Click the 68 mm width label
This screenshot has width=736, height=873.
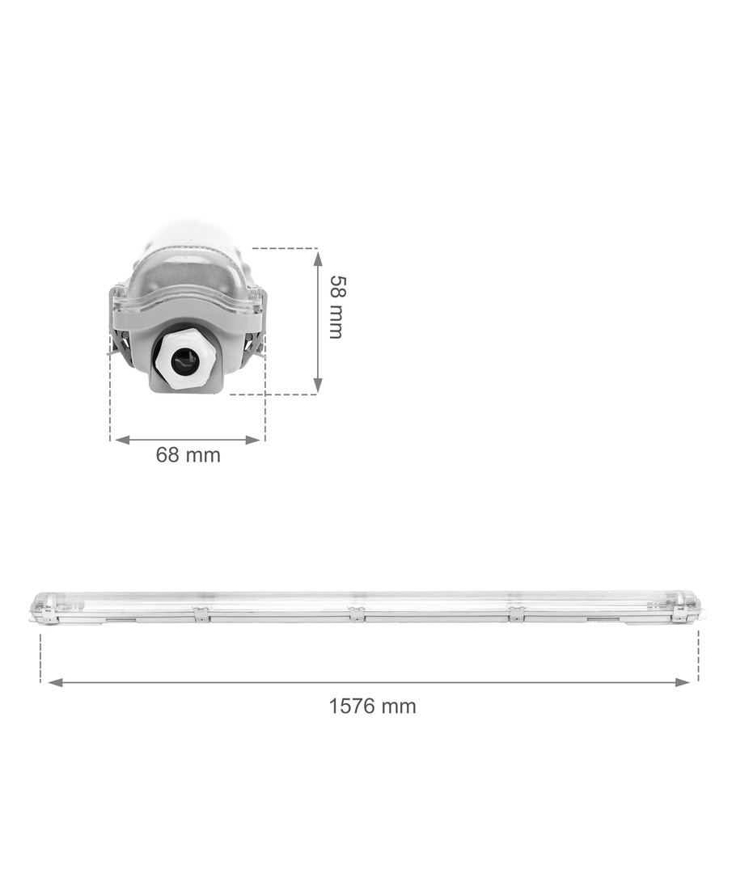click(x=188, y=455)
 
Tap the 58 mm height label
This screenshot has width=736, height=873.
click(x=336, y=307)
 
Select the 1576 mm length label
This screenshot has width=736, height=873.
click(x=372, y=706)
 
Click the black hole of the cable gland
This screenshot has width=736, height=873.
click(x=184, y=362)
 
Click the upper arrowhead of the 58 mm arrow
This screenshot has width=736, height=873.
click(x=318, y=258)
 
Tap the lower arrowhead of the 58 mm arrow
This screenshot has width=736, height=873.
click(x=318, y=385)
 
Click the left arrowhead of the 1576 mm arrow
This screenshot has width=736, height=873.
click(x=56, y=682)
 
